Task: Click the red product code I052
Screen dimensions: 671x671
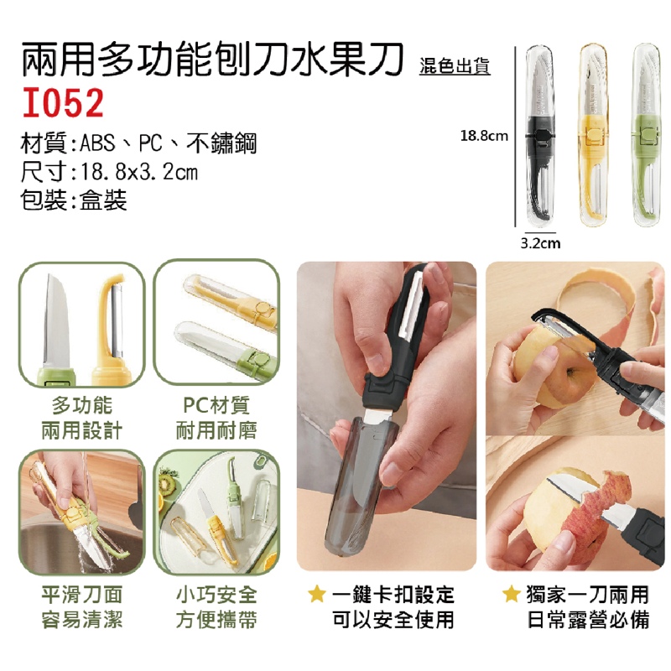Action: click(63, 102)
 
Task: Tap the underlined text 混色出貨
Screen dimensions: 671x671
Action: click(455, 66)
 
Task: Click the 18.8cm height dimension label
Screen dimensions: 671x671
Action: click(484, 136)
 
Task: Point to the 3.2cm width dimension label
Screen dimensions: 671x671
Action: click(540, 243)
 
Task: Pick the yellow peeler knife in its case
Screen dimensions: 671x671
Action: click(593, 135)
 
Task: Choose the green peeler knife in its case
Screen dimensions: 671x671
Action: click(647, 135)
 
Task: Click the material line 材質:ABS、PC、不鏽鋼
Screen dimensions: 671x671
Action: click(138, 143)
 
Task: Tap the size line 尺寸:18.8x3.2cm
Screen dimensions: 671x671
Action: click(109, 172)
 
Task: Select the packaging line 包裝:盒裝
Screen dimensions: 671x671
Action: click(74, 200)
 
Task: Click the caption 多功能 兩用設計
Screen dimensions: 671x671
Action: click(81, 418)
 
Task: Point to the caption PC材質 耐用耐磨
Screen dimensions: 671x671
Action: click(216, 418)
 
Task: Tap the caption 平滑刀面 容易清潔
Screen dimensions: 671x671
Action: click(81, 606)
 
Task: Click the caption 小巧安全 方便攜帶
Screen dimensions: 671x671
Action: click(216, 606)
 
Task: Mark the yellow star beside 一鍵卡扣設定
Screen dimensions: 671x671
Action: click(317, 594)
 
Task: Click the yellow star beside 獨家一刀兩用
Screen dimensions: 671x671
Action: click(512, 594)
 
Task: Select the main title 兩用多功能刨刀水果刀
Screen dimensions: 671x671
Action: click(213, 60)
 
